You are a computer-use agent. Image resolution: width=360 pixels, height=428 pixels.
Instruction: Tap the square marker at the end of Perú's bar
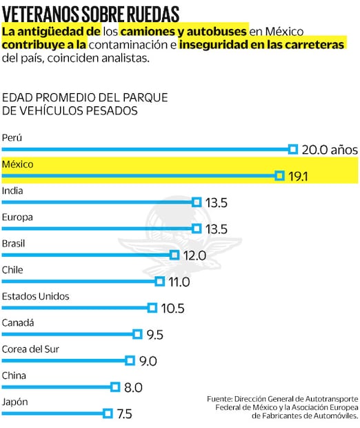click(292, 149)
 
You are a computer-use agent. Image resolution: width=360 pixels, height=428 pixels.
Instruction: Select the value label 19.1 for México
click(297, 177)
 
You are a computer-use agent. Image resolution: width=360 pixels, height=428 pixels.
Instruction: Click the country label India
click(12, 191)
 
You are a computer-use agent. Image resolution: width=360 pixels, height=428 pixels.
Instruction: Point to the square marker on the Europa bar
click(197, 228)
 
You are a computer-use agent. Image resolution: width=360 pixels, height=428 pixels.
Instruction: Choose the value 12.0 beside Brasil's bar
click(195, 255)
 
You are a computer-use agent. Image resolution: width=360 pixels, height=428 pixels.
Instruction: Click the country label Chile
click(14, 270)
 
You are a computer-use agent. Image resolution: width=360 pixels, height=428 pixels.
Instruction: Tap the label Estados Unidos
click(36, 296)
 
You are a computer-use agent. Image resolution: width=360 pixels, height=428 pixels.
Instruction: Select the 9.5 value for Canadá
click(154, 335)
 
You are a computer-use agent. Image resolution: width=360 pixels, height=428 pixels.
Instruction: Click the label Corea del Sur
click(32, 349)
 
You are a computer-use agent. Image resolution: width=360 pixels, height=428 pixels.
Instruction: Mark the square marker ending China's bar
click(115, 387)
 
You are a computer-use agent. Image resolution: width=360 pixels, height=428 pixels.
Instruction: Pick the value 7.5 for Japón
click(124, 414)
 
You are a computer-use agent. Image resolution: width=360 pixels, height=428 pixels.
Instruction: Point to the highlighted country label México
click(18, 164)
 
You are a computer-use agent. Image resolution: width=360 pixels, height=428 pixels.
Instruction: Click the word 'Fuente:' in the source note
click(219, 399)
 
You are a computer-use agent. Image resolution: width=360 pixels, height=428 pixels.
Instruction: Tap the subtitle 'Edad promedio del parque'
click(85, 97)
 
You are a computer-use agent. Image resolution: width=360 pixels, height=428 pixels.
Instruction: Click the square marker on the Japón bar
click(108, 414)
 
